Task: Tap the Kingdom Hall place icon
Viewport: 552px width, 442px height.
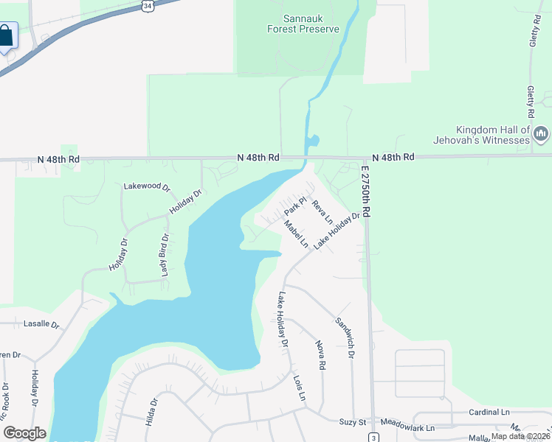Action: pos(541,133)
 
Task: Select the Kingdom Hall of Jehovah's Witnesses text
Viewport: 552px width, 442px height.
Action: pos(492,134)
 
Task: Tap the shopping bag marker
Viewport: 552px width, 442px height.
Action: pos(7,36)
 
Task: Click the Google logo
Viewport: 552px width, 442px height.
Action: pos(24,433)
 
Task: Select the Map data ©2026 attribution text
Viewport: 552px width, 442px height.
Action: pos(520,435)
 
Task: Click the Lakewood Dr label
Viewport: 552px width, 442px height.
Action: pos(146,187)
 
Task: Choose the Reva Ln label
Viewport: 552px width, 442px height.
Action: pos(322,211)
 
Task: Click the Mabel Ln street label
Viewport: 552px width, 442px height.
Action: pos(296,235)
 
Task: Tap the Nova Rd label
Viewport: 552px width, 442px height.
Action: pos(320,355)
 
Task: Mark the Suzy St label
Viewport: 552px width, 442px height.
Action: pos(353,422)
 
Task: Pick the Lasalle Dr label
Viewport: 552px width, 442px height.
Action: pos(41,324)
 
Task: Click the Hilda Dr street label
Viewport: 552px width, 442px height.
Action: pos(154,413)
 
